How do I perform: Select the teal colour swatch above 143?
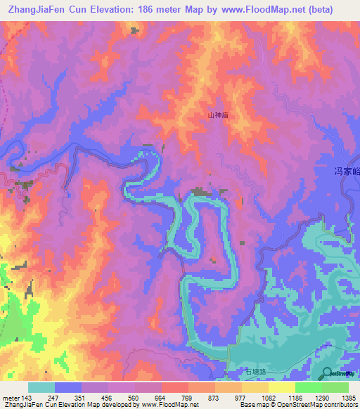point(41,387)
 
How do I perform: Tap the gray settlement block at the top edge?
point(134,30)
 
